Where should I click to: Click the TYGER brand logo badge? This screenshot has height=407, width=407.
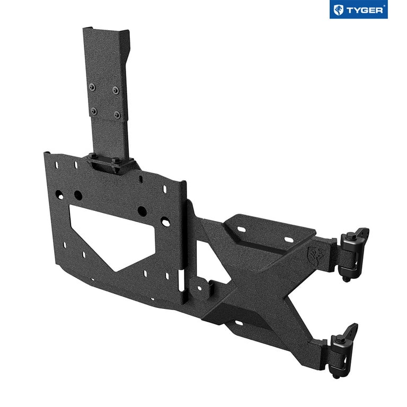coord(358,10)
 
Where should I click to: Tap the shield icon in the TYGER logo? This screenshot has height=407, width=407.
coord(338,10)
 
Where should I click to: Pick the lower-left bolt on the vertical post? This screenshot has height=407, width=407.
coord(94,111)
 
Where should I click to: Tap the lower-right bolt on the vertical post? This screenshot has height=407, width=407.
coord(117,114)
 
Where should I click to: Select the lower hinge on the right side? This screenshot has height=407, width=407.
coord(342,347)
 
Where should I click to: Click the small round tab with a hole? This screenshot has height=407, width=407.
coord(199,289)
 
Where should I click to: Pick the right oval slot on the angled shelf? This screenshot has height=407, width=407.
coord(289,240)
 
